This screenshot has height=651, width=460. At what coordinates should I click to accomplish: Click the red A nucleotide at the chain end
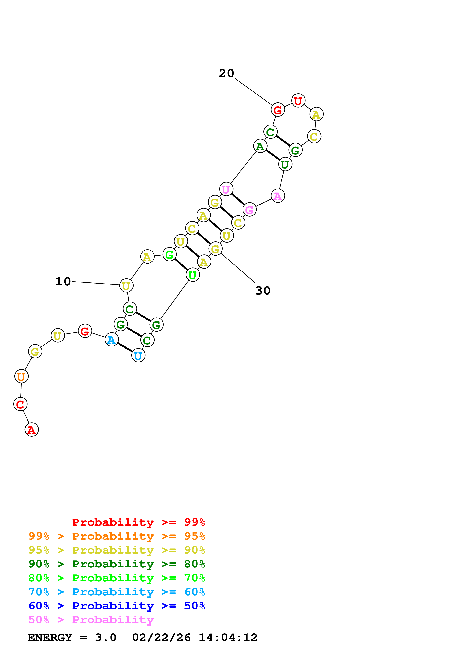click(32, 430)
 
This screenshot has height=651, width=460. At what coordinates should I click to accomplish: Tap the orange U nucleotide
click(21, 376)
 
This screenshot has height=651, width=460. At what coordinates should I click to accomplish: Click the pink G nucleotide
click(249, 210)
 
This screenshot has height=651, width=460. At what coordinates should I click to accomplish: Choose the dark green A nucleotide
click(260, 146)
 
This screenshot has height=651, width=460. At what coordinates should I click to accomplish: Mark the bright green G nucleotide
click(169, 254)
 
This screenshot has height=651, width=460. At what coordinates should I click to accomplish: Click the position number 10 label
click(63, 282)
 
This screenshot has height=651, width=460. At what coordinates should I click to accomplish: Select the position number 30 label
click(263, 291)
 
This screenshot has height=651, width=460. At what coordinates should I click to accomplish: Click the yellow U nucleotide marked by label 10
click(126, 286)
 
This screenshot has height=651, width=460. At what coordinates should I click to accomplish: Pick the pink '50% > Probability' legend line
click(91, 619)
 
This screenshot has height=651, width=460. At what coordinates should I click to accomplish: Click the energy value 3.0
click(105, 638)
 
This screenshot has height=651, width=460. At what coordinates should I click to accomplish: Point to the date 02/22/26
click(161, 638)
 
